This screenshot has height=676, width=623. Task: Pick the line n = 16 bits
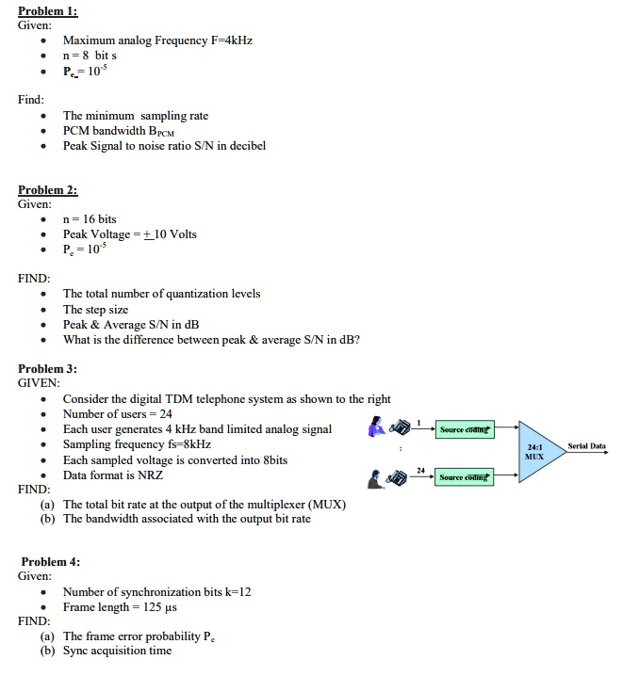[x=90, y=219]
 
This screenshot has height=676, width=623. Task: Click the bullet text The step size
[x=95, y=310]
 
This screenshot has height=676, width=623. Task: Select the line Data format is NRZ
[x=113, y=475]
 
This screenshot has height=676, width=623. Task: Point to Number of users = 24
[x=118, y=414]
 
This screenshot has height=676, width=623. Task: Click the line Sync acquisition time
[x=118, y=651]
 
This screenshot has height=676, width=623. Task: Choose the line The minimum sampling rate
[x=136, y=116]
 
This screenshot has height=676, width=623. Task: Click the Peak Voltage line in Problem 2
[x=130, y=234]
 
